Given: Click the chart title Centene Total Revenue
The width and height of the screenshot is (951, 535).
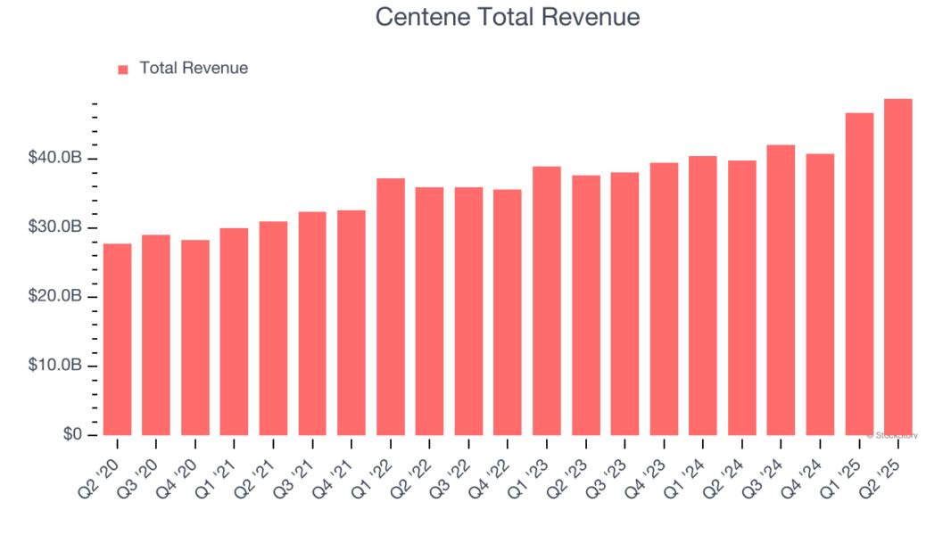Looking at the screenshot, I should tap(507, 17).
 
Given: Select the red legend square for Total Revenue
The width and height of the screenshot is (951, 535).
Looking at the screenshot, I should tap(123, 69).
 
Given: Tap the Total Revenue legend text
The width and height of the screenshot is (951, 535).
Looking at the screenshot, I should tap(194, 68).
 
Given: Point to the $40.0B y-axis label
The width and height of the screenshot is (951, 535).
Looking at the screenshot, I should tap(56, 158).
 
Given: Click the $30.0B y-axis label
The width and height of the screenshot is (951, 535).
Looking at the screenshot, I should tap(56, 227).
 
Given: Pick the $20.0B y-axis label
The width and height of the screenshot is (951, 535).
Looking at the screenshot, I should tap(56, 296).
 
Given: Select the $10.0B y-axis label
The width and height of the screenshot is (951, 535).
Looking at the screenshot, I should tap(56, 366).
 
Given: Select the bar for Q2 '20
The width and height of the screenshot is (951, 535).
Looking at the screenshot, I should tap(117, 339).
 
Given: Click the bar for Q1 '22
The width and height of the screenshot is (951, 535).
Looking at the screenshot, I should tap(391, 307).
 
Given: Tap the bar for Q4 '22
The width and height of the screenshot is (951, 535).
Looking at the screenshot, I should tap(508, 312).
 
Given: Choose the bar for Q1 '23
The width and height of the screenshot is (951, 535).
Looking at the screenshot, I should tap(547, 300).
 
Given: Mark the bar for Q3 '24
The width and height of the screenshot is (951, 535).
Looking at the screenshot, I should tap(781, 290).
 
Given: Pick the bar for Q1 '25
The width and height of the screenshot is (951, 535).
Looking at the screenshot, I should tap(859, 274).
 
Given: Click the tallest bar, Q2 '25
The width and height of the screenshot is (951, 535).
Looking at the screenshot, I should tap(898, 267).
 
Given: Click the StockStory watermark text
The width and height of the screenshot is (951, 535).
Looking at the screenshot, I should tap(892, 436).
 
